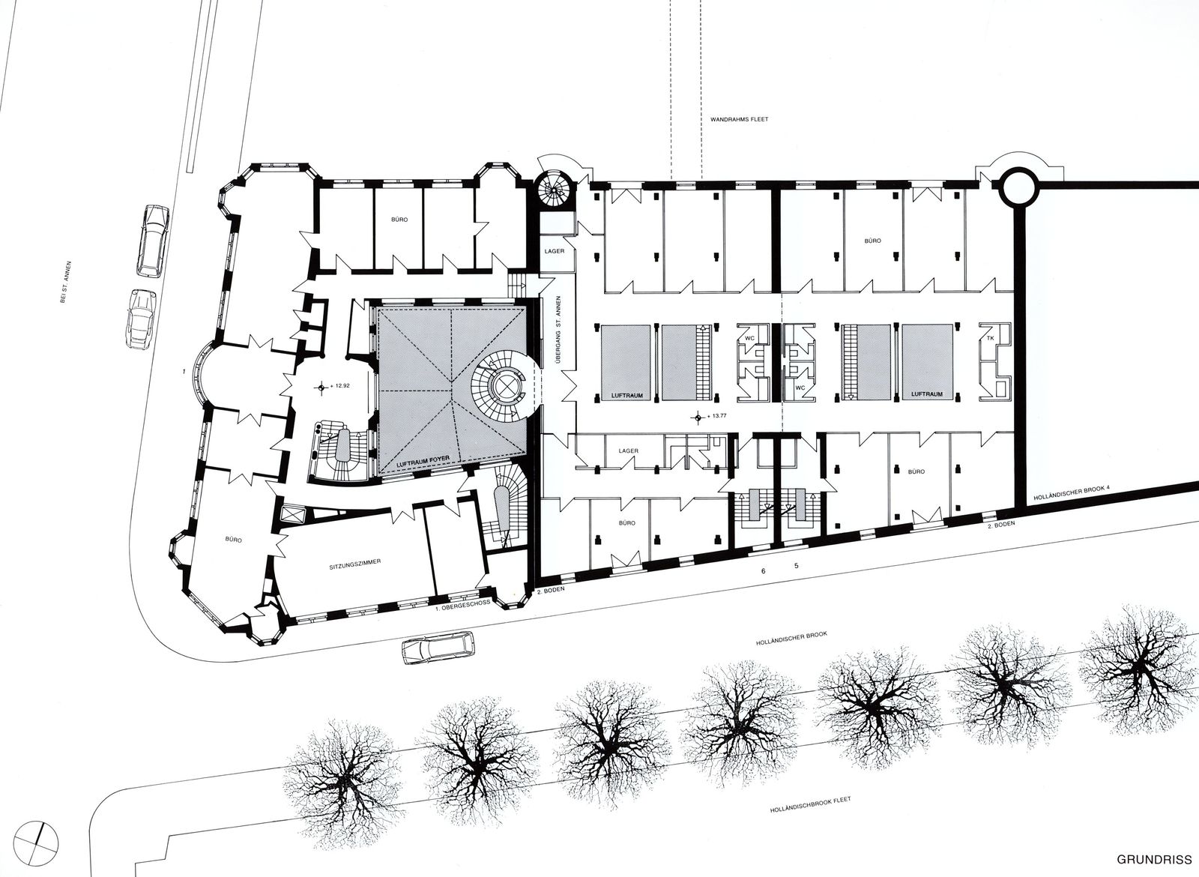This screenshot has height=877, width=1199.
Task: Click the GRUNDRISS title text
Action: [x=1157, y=859]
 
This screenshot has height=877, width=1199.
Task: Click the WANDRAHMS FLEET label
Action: [x=739, y=119]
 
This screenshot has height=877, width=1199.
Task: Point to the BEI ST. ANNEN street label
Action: [x=66, y=283]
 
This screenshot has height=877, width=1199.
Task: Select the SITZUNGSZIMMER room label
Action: [x=355, y=563]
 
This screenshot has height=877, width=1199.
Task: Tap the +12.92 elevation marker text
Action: [x=340, y=385]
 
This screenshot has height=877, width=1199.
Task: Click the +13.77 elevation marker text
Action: [x=717, y=416]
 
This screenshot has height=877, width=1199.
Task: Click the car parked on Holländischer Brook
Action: [x=438, y=648]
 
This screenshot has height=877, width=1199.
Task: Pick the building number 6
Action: [x=764, y=571]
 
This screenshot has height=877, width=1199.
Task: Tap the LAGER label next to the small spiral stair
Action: [x=554, y=251]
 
